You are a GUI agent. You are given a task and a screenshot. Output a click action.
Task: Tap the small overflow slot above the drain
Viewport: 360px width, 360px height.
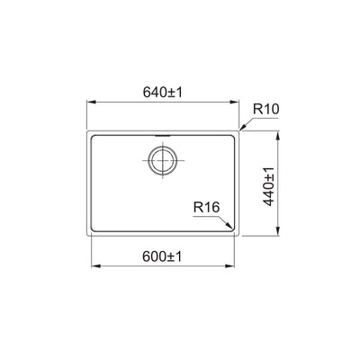click(x=162, y=139)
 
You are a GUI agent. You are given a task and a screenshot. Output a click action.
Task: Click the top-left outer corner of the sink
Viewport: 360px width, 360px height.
click(x=87, y=133)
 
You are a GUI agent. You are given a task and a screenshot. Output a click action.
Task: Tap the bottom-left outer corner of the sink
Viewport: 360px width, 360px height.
click(x=87, y=238)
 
